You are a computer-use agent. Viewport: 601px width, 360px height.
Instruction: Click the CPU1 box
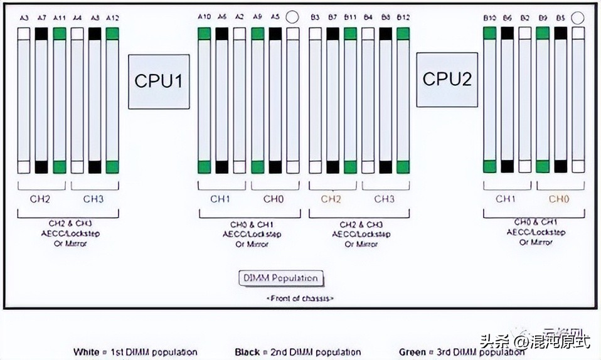click(x=159, y=82)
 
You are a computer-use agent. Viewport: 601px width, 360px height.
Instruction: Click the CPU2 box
click(x=447, y=79)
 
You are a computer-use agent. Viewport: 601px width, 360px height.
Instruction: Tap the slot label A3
click(x=24, y=17)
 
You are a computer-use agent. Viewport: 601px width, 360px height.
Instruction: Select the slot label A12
click(x=112, y=17)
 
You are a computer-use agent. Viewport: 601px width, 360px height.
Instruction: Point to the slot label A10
click(x=204, y=17)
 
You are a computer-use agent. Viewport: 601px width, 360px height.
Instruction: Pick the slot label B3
click(x=315, y=17)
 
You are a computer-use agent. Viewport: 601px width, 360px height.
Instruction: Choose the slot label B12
click(x=403, y=17)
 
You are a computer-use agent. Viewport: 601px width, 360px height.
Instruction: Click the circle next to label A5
click(x=292, y=18)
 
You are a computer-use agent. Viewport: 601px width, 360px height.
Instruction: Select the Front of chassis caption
click(x=300, y=299)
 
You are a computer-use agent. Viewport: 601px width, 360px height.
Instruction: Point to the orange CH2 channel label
click(x=332, y=199)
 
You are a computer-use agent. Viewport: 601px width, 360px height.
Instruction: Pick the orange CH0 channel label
click(x=559, y=199)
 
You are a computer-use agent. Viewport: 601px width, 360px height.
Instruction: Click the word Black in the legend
click(x=247, y=352)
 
